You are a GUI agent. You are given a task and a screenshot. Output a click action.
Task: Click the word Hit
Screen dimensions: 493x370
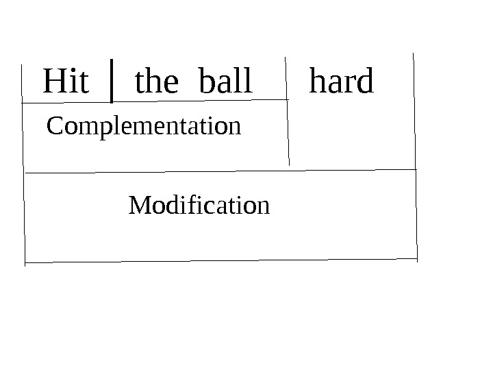(x=66, y=82)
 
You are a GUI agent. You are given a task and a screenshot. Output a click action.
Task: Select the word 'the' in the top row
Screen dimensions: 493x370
(x=156, y=82)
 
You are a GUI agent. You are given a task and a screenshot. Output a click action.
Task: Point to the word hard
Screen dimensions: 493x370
(x=341, y=82)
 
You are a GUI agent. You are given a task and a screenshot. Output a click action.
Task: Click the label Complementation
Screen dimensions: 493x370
(x=143, y=127)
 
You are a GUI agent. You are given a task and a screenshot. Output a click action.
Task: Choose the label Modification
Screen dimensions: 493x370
(x=199, y=205)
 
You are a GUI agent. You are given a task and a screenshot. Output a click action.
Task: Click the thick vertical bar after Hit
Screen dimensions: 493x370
(x=112, y=81)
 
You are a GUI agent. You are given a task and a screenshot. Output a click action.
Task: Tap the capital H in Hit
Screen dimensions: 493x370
(x=53, y=82)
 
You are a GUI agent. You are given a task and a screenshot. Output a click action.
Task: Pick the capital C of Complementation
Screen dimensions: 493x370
(x=53, y=127)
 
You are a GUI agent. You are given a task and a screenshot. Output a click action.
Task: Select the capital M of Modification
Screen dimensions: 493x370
(x=139, y=205)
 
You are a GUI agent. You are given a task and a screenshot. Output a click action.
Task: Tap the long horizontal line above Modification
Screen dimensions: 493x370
(x=219, y=171)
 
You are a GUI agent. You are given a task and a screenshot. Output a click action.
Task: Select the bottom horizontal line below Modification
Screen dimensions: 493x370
(x=219, y=260)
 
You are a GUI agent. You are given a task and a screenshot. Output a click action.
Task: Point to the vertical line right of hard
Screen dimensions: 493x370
(x=414, y=110)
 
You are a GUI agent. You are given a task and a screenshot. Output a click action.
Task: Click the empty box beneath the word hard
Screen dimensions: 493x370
(x=351, y=134)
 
